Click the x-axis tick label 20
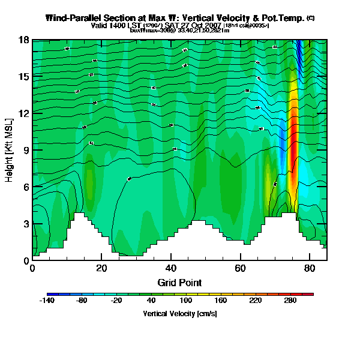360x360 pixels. tap(101, 268)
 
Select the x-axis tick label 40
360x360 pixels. tap(171, 268)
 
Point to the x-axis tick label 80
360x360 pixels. tap(310, 268)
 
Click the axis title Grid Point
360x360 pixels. tap(179, 282)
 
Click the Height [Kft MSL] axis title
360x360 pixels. tap(10, 150)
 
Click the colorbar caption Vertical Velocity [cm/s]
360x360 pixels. tap(179, 314)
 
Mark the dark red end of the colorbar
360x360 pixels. tap(310, 295)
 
